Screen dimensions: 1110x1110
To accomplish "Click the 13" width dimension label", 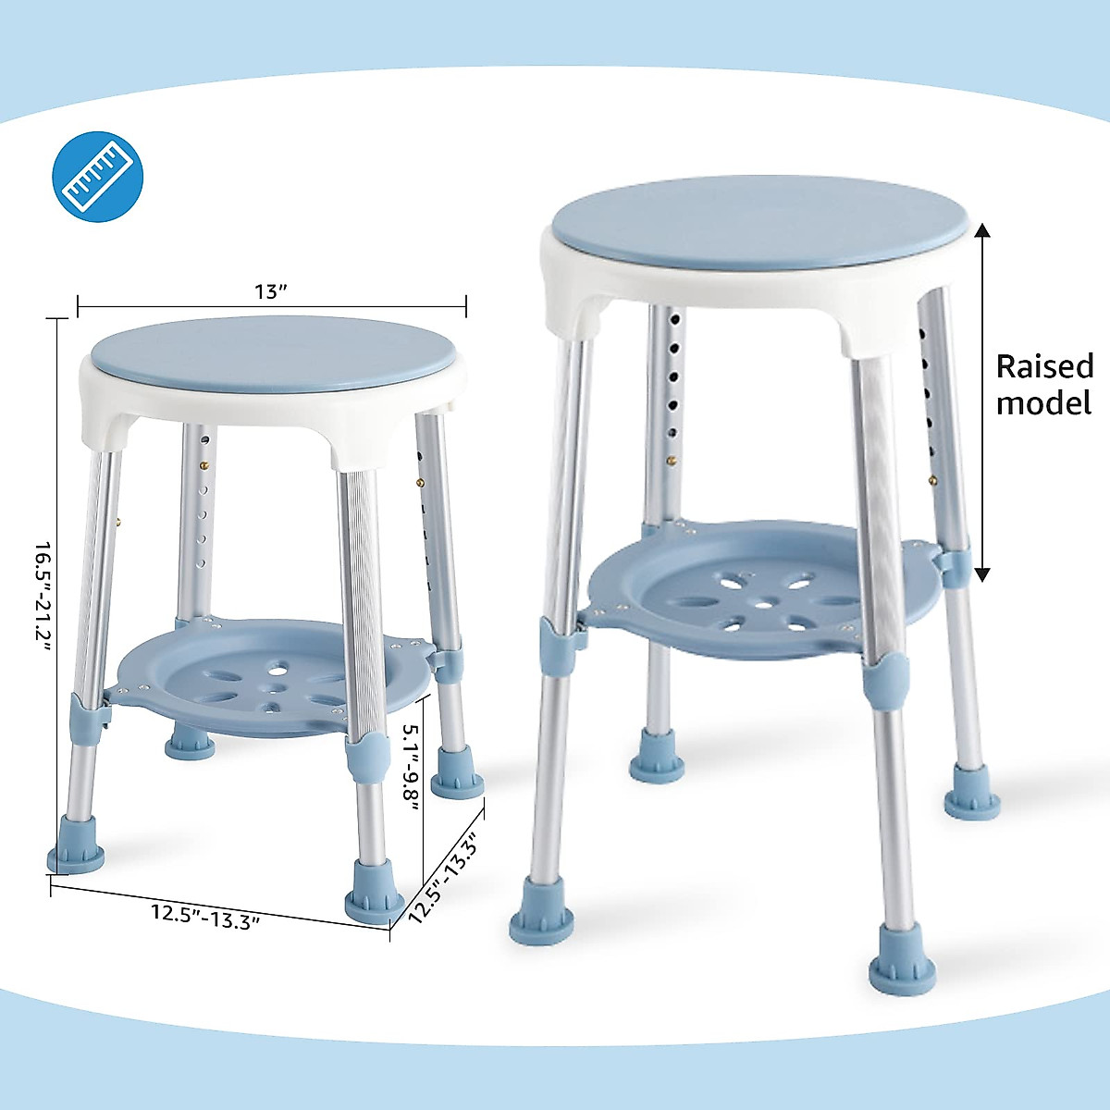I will (271, 292).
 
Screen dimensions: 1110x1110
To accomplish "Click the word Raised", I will (1044, 366).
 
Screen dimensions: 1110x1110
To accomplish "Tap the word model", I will (1044, 403).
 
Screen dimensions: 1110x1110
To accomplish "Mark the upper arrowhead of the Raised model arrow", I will (982, 231).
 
